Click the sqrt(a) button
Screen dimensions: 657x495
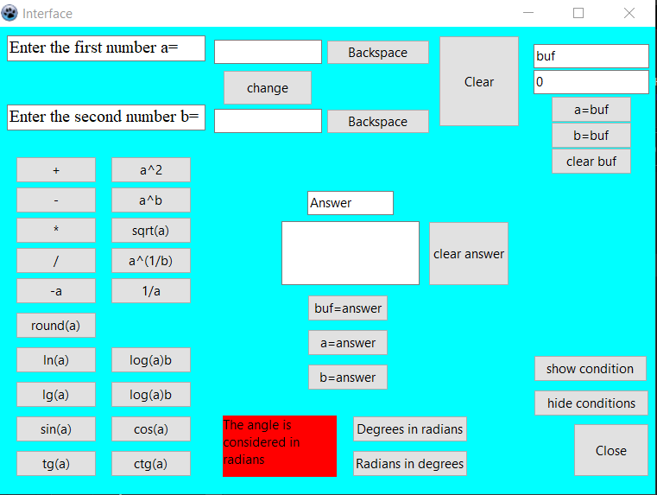(151, 231)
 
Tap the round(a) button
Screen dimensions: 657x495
(56, 326)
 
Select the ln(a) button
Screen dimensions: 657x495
(56, 360)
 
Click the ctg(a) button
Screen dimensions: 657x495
(151, 464)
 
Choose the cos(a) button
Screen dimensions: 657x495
(151, 429)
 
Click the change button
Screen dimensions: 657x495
(268, 88)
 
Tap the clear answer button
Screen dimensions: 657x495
(469, 254)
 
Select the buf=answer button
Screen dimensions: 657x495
(348, 308)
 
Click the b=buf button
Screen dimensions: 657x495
(591, 136)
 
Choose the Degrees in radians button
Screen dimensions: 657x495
(410, 429)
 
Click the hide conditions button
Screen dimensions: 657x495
(591, 403)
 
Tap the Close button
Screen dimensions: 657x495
(611, 450)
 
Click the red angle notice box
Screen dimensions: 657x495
(279, 446)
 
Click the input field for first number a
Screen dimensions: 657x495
(268, 52)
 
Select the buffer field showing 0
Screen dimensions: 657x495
(591, 83)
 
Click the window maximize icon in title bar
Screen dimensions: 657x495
(578, 13)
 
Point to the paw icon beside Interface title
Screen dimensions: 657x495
(9, 13)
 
